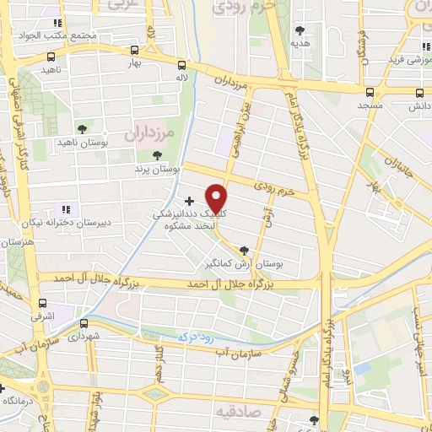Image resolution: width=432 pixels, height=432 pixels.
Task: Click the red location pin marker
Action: click(218, 198)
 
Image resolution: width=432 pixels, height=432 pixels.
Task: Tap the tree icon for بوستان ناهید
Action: click(82, 128)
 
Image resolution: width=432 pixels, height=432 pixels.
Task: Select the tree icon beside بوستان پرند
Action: click(157, 154)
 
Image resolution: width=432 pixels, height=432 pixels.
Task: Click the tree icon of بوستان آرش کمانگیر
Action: click(244, 250)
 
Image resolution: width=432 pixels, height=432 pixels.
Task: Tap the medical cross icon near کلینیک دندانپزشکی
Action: click(188, 201)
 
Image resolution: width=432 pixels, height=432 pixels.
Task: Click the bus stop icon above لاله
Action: click(182, 64)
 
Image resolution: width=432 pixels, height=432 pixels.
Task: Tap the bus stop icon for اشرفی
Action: click(42, 303)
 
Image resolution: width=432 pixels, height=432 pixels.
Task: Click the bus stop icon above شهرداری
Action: click(84, 323)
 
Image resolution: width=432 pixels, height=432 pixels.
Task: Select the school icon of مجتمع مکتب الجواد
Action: click(57, 23)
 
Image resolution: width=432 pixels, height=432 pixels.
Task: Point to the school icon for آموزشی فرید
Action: click(425, 47)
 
